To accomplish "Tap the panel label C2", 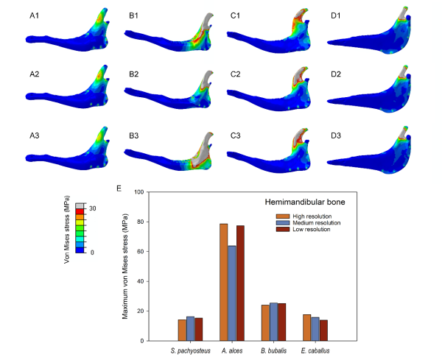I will (235, 74).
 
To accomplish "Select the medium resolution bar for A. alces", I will (232, 293).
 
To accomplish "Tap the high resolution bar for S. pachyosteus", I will (182, 330).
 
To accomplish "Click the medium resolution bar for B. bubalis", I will (273, 322).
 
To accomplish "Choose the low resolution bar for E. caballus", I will (323, 331).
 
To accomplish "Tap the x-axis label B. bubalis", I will (273, 350).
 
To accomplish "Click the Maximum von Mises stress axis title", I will (125, 267).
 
